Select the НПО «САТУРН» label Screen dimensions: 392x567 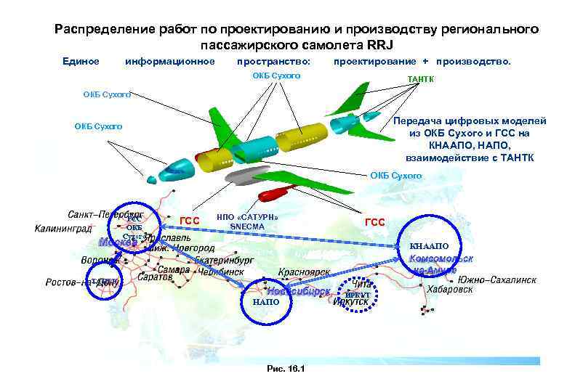click(248, 217)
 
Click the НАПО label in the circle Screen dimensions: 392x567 click(265, 301)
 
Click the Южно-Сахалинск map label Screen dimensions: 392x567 click(497, 279)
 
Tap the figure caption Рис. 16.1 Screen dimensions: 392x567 click(286, 369)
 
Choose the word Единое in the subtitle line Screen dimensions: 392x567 click(81, 61)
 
